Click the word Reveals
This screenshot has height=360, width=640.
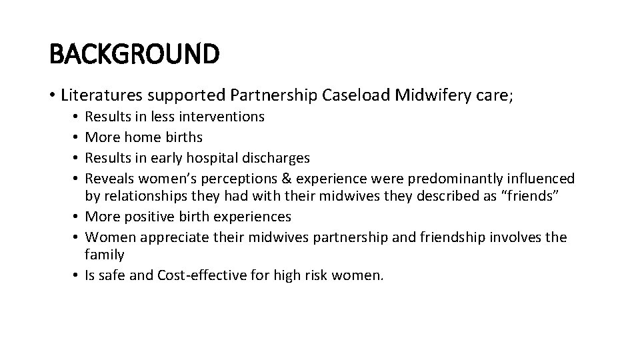[108, 179]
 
